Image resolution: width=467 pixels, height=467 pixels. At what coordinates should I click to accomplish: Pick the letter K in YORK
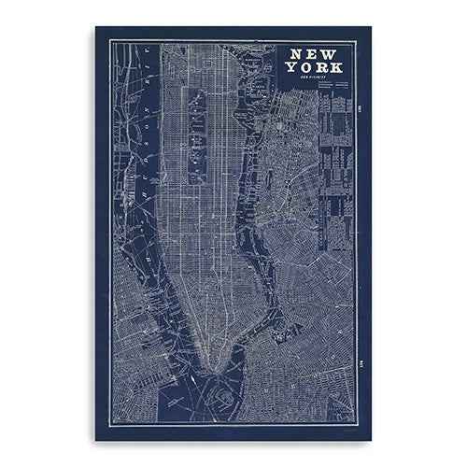pos(338,68)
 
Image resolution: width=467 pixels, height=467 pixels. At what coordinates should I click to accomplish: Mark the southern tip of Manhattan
pos(217,371)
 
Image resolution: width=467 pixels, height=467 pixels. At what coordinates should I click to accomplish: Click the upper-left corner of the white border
pos(109,41)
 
